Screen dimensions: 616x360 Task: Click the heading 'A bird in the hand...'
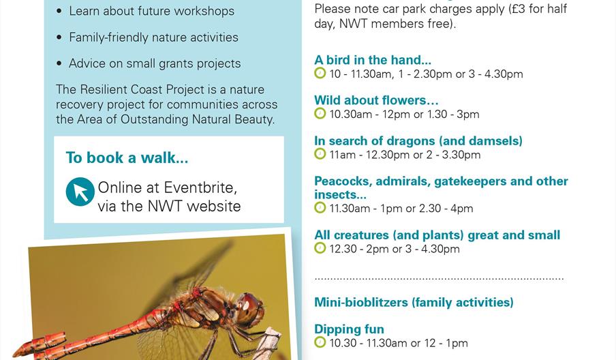click(373, 60)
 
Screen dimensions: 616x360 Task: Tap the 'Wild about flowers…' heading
click(376, 100)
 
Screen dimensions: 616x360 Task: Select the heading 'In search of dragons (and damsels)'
click(418, 141)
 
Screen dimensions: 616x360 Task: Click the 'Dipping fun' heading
click(349, 329)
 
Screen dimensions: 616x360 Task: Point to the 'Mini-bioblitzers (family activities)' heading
click(414, 302)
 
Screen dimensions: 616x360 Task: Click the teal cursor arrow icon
click(80, 192)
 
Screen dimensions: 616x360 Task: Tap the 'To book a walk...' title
click(127, 157)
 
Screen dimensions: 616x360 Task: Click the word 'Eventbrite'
click(200, 187)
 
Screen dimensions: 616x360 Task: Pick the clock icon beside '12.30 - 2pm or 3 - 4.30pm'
click(320, 248)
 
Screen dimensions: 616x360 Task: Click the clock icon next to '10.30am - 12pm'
click(320, 113)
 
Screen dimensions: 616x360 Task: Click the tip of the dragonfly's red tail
click(16, 352)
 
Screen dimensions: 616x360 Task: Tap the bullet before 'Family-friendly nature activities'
click(59, 37)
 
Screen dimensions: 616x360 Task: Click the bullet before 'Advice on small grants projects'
click(59, 64)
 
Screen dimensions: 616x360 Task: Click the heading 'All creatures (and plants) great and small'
click(437, 235)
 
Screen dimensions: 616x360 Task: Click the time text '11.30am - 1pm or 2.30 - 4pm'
click(401, 209)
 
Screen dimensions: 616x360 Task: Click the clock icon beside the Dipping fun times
click(320, 342)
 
